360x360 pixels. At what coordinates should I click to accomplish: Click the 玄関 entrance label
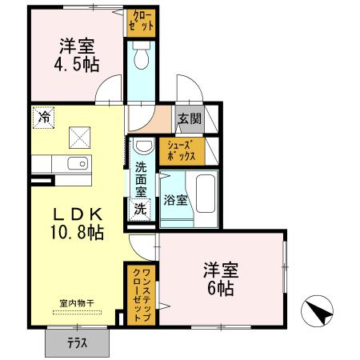click(x=190, y=120)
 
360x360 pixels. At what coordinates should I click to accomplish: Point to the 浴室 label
click(x=176, y=200)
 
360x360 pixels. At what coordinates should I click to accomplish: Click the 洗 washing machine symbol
click(x=140, y=210)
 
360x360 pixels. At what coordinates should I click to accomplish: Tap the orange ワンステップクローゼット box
click(x=142, y=294)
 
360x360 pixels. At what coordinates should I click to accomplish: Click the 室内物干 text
click(x=77, y=303)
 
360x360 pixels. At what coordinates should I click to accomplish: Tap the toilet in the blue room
click(x=142, y=56)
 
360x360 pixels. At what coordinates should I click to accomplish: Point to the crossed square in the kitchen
click(x=79, y=137)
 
